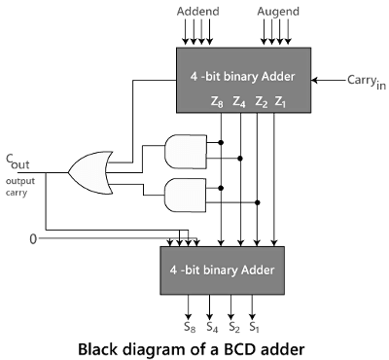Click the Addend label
point(198,12)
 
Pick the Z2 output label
point(260,100)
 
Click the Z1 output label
point(280,100)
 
